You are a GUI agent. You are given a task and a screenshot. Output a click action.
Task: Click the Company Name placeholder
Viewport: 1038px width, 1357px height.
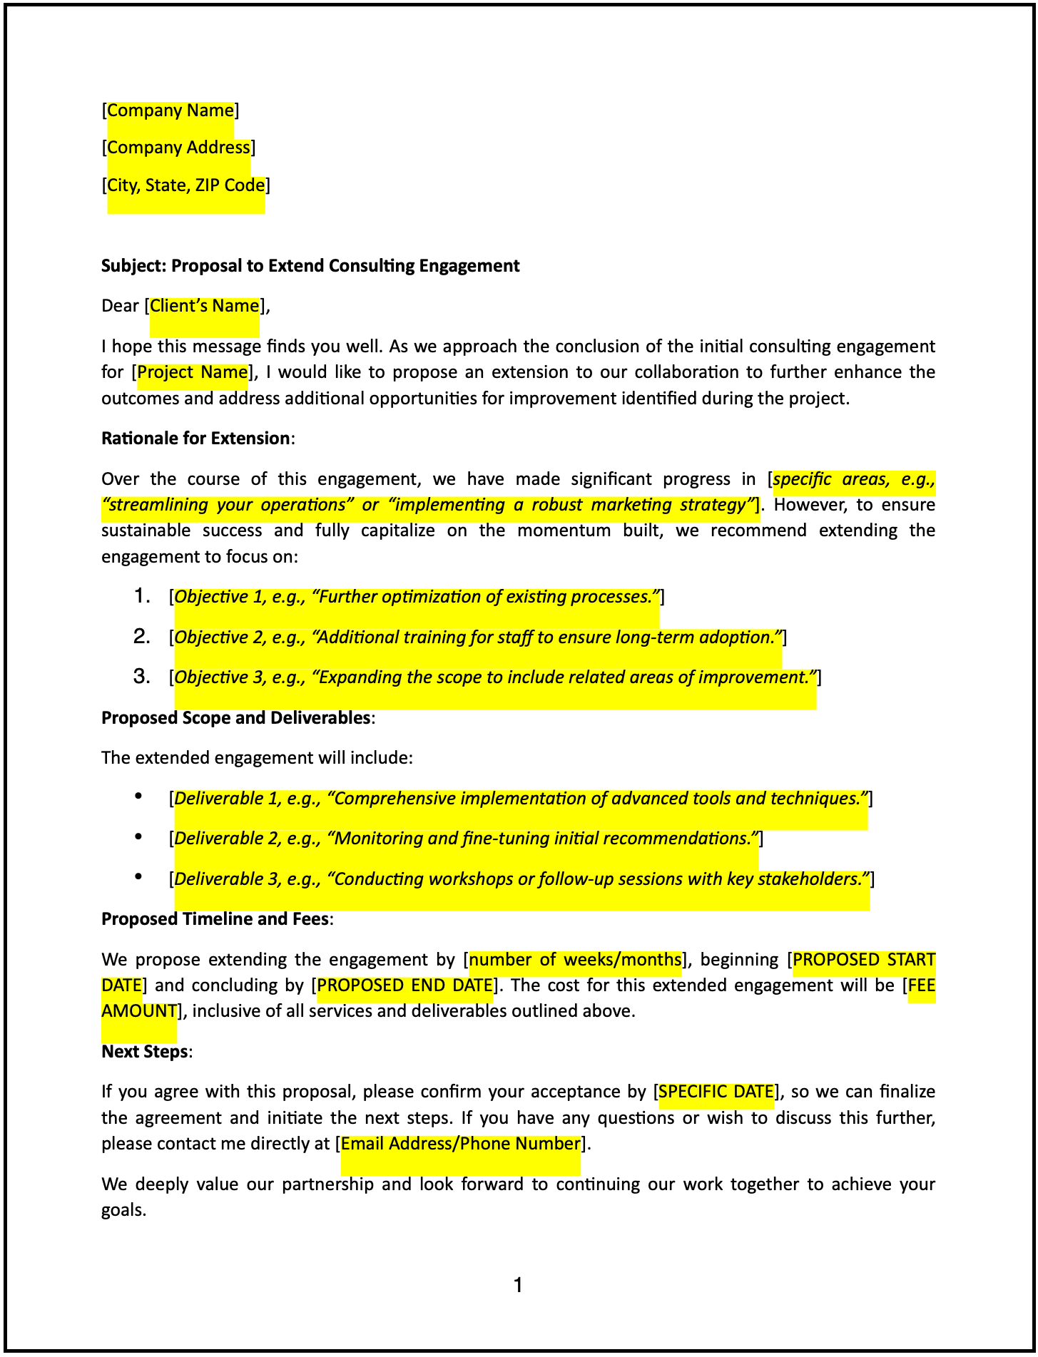[x=170, y=111]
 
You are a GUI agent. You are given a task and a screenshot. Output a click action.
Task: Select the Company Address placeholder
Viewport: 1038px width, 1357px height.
[x=178, y=148]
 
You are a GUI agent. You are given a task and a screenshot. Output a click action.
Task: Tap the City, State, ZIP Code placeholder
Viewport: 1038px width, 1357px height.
[x=185, y=185]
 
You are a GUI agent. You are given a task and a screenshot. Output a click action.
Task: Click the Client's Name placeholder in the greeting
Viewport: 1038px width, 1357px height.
[x=204, y=306]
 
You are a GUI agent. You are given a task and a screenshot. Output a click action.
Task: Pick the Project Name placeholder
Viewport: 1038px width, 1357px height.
[x=192, y=372]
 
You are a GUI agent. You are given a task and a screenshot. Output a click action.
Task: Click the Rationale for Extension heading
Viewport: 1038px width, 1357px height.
[x=195, y=439]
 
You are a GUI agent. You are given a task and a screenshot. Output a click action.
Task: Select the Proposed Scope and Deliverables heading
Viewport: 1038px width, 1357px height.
[x=235, y=718]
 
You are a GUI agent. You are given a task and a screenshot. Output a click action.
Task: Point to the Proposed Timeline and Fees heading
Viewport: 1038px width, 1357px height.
[x=215, y=919]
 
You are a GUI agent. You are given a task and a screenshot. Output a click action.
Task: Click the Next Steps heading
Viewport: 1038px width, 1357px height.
[x=145, y=1052]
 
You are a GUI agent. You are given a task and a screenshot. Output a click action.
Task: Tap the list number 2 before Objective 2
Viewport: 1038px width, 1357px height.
[x=141, y=637]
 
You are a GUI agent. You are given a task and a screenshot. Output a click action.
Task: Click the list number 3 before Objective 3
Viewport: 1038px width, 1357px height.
[x=141, y=677]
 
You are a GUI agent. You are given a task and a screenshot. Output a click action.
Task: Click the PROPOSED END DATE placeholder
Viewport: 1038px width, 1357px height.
[x=404, y=985]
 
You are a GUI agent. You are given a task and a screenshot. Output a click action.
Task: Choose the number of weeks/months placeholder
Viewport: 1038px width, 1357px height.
[x=575, y=960]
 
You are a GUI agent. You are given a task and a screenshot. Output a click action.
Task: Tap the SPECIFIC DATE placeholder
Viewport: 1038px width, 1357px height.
[x=716, y=1092]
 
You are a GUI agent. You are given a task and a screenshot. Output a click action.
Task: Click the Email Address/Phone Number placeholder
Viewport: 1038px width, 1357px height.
[x=460, y=1144]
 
